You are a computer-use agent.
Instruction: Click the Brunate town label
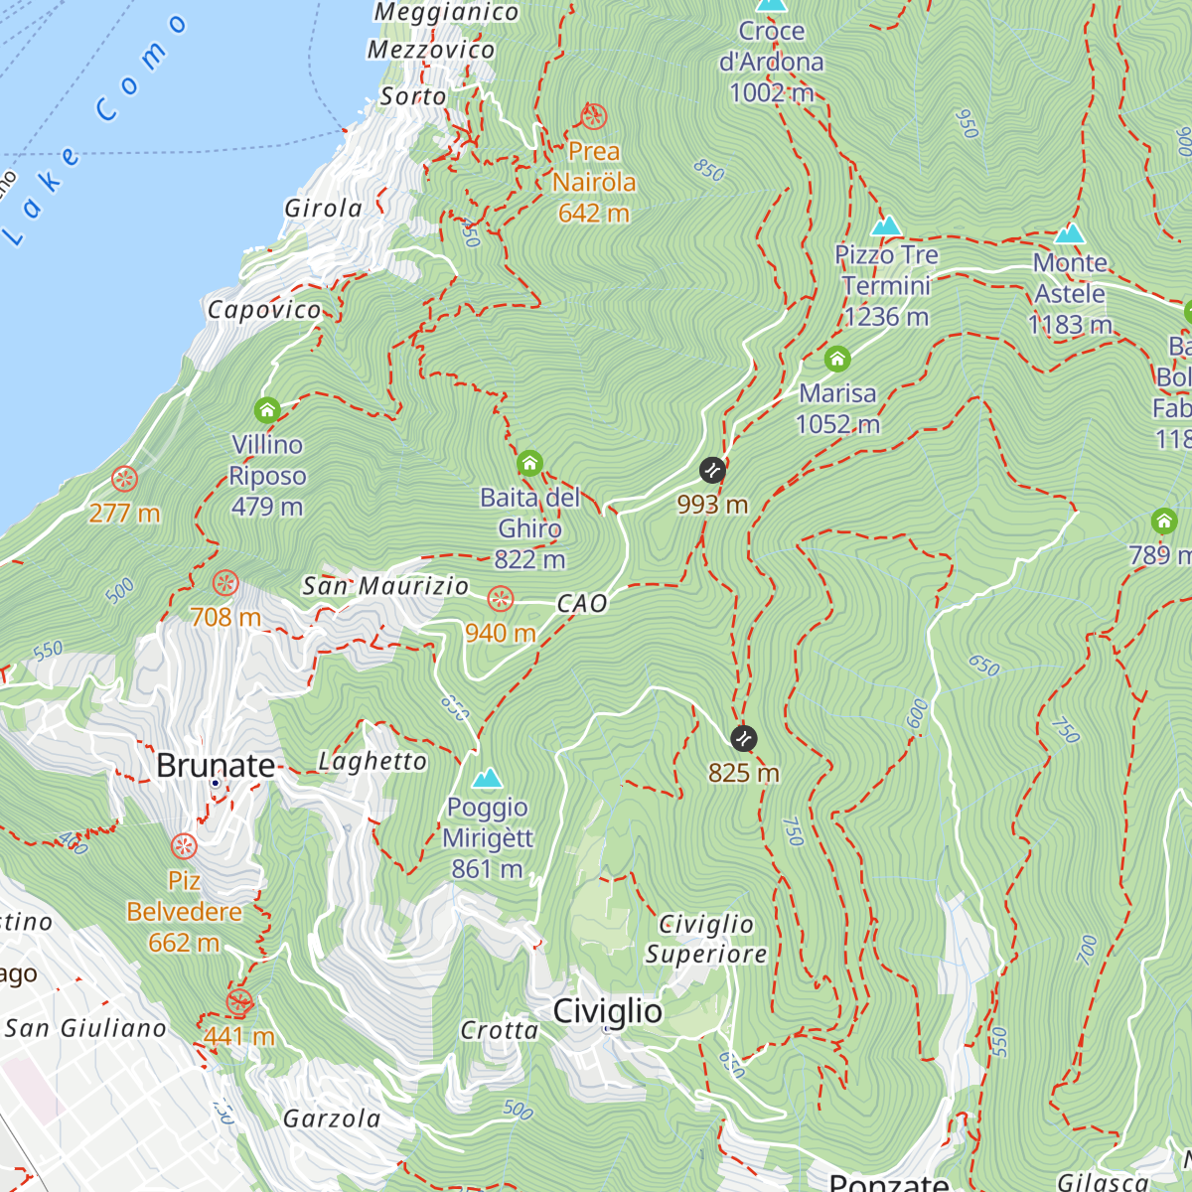pos(216,766)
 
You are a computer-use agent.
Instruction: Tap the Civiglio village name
pos(607,1011)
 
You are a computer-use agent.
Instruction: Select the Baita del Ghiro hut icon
pos(529,463)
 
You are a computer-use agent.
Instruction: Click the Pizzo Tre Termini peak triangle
pos(886,226)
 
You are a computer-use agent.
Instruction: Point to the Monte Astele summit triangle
pos(1069,234)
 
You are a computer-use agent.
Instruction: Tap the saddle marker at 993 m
pos(712,470)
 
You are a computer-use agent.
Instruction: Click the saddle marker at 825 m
pos(743,738)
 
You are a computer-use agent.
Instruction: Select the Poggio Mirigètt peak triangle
pos(487,778)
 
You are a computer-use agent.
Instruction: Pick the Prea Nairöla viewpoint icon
pos(593,117)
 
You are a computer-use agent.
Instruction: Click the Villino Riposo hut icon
pos(266,409)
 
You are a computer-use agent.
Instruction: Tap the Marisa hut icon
pos(837,359)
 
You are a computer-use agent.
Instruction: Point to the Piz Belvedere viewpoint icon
pos(184,846)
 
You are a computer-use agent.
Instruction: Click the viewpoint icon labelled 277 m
pos(124,480)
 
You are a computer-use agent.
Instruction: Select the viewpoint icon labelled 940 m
pos(500,599)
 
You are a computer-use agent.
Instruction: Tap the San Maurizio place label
pos(385,586)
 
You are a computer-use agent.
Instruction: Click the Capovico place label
pos(264,310)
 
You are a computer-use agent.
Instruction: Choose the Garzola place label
pos(332,1119)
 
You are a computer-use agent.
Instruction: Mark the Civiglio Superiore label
pos(706,939)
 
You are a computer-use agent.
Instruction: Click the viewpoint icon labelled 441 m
pos(238,1002)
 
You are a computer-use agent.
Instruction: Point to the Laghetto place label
pos(372,762)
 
